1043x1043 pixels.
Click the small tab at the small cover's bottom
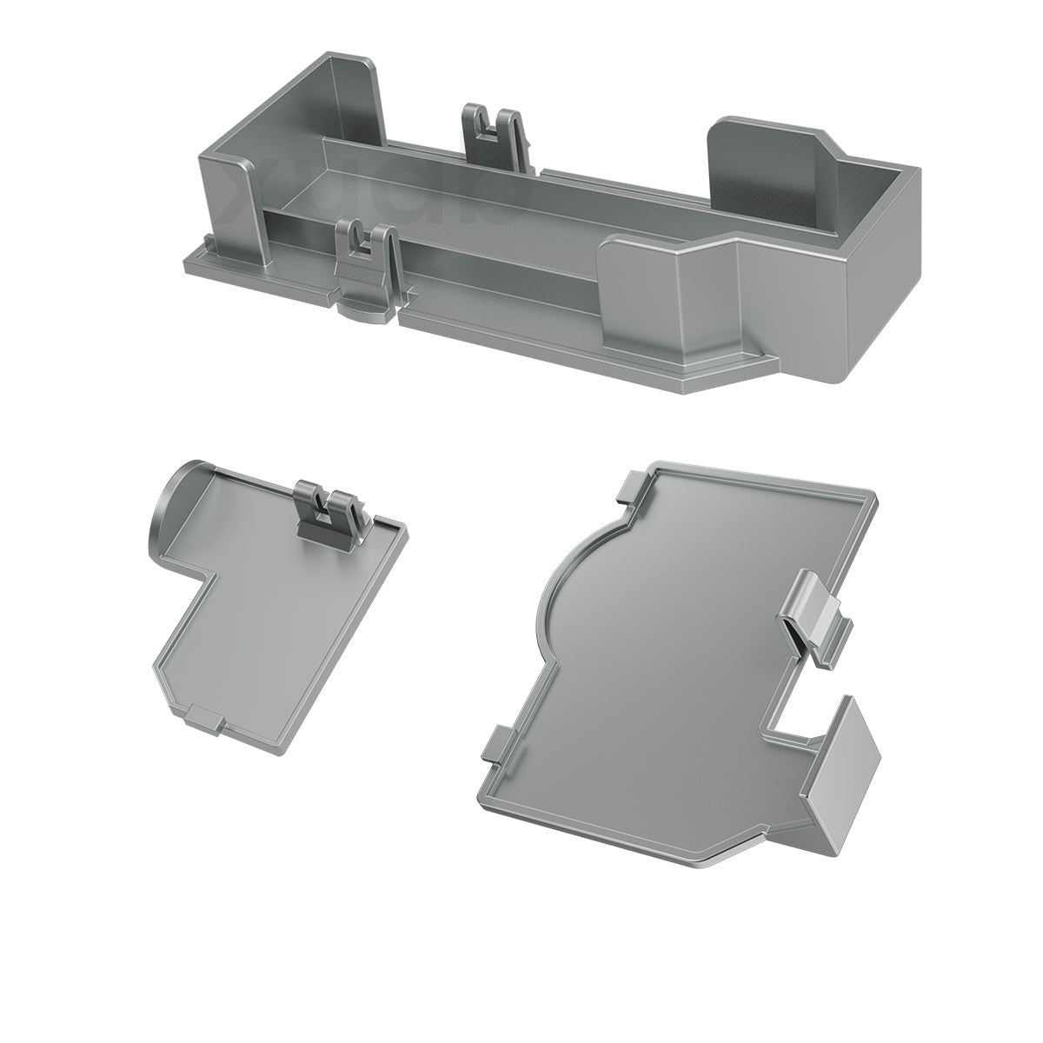203,718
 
